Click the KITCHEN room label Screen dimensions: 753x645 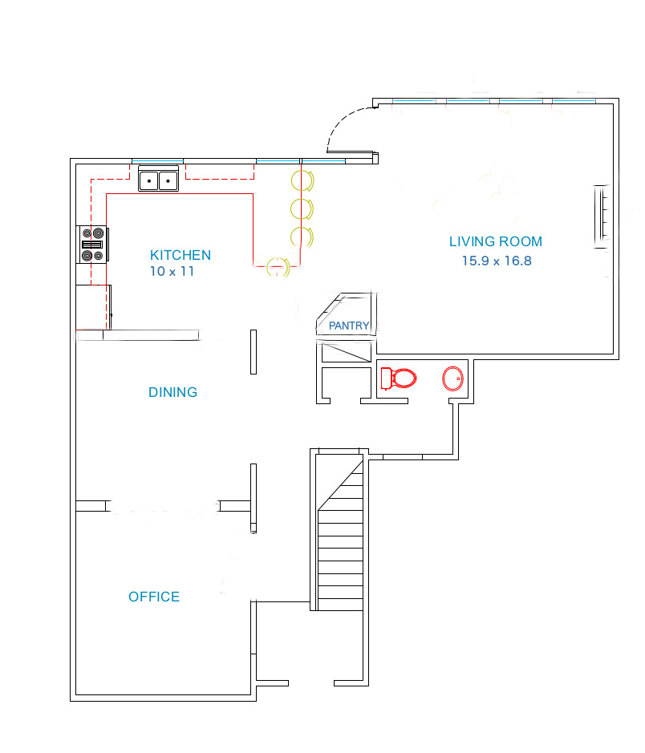tap(181, 255)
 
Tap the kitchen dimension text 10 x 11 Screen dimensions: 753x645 tap(172, 272)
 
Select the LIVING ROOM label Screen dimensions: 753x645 tap(495, 241)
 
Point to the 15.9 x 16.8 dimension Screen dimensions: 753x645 tap(496, 261)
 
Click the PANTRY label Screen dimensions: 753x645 tap(349, 326)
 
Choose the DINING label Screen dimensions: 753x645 tap(172, 392)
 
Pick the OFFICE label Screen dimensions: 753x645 tap(154, 597)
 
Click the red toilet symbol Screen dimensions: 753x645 tap(399, 378)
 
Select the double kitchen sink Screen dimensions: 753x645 tap(158, 180)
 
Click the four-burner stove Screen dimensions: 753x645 tap(92, 245)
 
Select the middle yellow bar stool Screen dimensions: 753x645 tap(302, 208)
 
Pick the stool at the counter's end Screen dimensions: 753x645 tap(277, 266)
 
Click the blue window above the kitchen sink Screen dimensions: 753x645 tap(157, 161)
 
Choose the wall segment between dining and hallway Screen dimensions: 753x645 tap(254, 351)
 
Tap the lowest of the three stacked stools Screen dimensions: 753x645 tap(302, 237)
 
